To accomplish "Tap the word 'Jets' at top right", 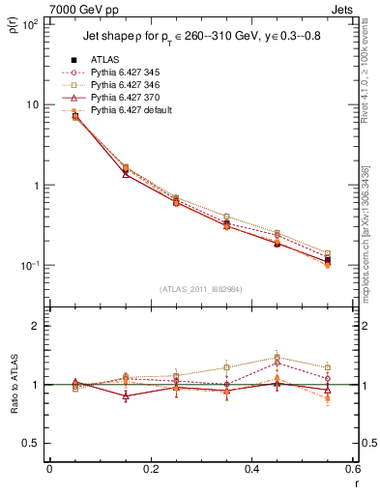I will (342, 9).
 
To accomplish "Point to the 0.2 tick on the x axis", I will (150, 471).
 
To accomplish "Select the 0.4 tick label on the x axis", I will (250, 471).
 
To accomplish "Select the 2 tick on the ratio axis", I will (38, 326).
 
